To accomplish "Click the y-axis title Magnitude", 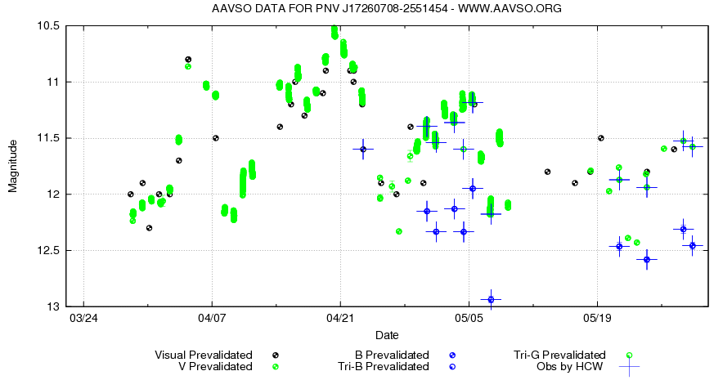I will pos(13,166).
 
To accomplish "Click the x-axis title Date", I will pos(387,336).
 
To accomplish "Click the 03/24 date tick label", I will pos(83,317).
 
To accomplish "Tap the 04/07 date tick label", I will pos(211,317).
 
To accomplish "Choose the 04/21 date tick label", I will pos(339,317).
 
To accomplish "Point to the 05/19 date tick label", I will pos(596,317).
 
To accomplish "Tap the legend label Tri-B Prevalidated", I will pos(384,367).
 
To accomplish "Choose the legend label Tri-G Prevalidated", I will pos(559,355).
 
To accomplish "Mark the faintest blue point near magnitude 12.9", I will pos(491,299).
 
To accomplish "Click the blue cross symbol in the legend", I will pos(629,367).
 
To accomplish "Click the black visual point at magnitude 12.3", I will pos(149,228).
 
